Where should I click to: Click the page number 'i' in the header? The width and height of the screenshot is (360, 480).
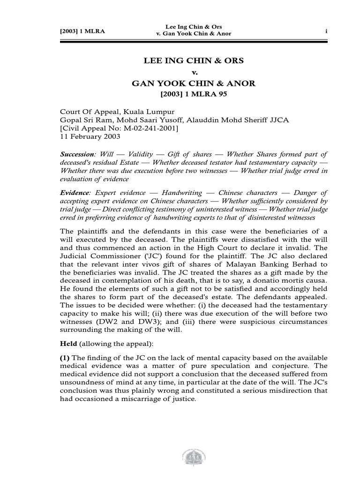coord(326,31)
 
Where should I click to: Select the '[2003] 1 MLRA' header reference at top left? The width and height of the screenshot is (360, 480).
coord(82,31)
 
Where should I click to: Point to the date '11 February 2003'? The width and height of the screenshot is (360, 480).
coord(90,137)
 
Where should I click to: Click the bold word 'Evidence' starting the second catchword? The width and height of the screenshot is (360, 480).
coord(75,193)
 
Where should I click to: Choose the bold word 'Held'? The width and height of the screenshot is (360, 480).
coord(68,344)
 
